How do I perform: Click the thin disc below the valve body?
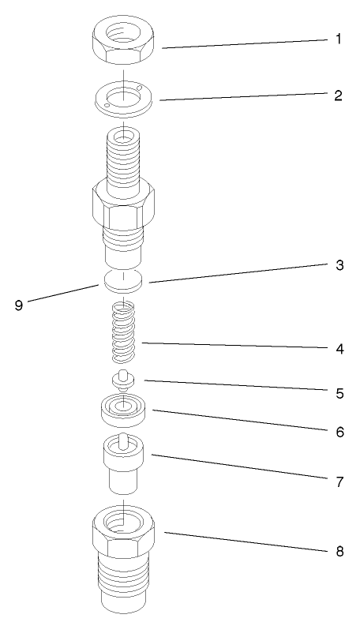tap(124, 281)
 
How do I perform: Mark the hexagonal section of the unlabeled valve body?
tap(124, 207)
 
